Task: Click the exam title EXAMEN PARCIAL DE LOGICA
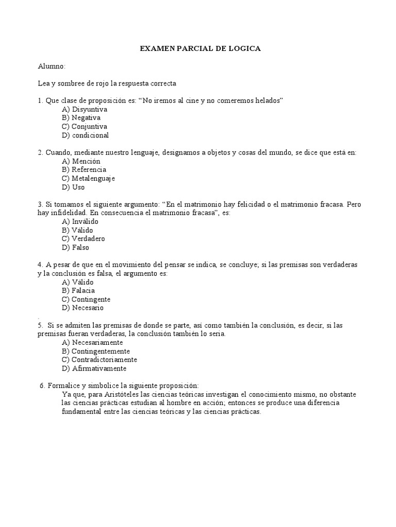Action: pyautogui.click(x=201, y=48)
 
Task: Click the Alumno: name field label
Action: pyautogui.click(x=52, y=66)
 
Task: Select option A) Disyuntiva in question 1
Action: pyautogui.click(x=85, y=110)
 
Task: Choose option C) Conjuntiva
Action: pyautogui.click(x=85, y=127)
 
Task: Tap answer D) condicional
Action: pyautogui.click(x=85, y=135)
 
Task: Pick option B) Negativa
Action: pyautogui.click(x=81, y=118)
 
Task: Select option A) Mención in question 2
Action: pyautogui.click(x=81, y=161)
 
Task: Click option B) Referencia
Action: pyautogui.click(x=84, y=170)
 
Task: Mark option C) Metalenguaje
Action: pyautogui.click(x=88, y=179)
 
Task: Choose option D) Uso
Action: pyautogui.click(x=73, y=187)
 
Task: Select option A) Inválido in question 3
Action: pyautogui.click(x=80, y=222)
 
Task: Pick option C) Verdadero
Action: pyautogui.click(x=84, y=239)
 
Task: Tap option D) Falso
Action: pyautogui.click(x=76, y=248)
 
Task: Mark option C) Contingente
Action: pyautogui.click(x=86, y=300)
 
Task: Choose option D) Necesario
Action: pyautogui.click(x=83, y=308)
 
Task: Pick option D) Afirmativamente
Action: pyautogui.click(x=94, y=368)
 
